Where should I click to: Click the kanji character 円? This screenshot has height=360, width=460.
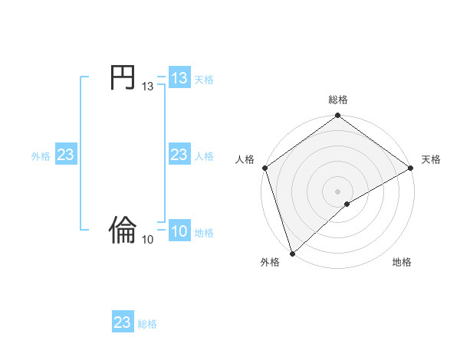123,78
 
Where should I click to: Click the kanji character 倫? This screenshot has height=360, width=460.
123,229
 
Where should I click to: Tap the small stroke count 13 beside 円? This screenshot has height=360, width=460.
147,87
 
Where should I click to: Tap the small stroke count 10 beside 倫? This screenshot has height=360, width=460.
147,240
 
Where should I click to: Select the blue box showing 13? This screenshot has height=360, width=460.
179,78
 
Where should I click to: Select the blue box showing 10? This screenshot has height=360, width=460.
179,232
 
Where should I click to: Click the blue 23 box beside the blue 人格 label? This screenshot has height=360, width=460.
179,155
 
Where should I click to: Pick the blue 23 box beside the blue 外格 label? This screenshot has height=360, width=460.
66,155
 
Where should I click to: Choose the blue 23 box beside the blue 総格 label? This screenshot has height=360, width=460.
123,322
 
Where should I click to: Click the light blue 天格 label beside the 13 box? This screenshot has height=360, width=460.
204,79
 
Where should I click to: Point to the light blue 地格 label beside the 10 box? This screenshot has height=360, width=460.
204,233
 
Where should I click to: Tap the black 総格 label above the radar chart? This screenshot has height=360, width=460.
337,100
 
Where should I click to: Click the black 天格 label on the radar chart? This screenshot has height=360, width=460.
431,159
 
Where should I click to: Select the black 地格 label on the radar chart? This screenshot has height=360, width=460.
402,262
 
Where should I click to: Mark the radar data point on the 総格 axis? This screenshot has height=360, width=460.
337,116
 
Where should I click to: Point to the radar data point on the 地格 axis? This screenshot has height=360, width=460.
347,204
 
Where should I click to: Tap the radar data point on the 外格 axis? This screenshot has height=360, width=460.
292,253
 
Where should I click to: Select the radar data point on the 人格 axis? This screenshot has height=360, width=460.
264,168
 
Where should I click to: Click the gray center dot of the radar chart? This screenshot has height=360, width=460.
337,191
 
